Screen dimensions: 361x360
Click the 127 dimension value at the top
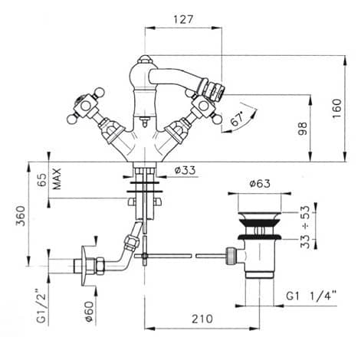183,19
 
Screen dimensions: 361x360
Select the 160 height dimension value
336,108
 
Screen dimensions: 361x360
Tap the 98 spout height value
302,129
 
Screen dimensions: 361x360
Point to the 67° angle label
238,119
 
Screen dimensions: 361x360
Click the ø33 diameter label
185,170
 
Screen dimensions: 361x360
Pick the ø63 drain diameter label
260,183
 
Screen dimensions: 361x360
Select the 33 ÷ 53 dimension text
305,227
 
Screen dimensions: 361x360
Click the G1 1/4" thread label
310,296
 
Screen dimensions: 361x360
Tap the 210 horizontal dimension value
202,319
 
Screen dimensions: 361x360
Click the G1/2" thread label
41,306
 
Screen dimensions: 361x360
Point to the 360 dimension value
21,216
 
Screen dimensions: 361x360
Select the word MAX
57,178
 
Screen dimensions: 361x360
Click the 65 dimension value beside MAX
43,180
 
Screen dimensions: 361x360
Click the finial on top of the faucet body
143,60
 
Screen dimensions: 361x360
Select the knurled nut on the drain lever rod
231,256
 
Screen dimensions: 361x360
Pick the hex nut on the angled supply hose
131,243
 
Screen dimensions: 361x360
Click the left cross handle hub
86,105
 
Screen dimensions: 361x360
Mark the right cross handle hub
203,106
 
